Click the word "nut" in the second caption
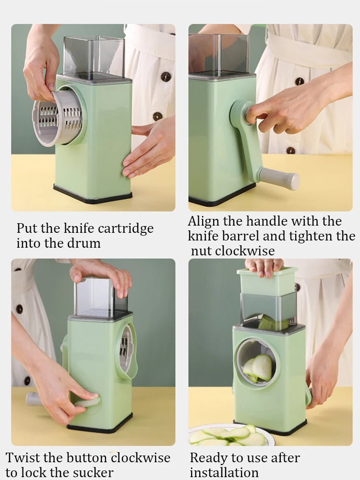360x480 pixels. tap(202, 252)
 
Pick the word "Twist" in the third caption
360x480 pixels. tap(23, 457)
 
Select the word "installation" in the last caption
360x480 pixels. tap(224, 472)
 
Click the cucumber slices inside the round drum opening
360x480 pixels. tap(258, 368)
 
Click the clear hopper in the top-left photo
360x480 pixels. tap(94, 58)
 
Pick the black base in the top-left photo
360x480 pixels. tap(93, 194)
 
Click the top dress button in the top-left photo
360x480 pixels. tap(166, 76)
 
